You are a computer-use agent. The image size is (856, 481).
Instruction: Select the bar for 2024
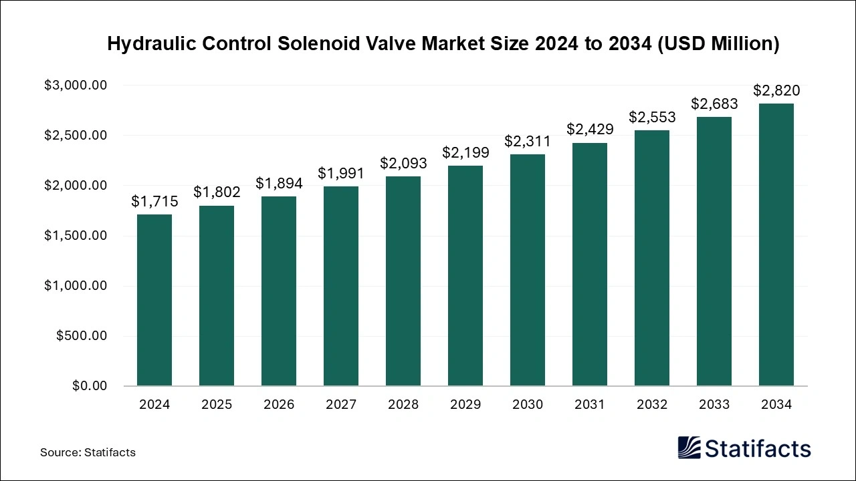tap(154, 300)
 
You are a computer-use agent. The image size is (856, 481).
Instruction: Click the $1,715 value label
tap(154, 201)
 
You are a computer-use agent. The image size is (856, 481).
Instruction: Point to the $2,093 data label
tap(403, 163)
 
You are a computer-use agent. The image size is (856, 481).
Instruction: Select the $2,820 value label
tap(776, 90)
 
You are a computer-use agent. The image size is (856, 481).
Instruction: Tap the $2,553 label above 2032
tap(652, 117)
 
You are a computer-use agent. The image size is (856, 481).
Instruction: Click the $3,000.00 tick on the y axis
tap(76, 86)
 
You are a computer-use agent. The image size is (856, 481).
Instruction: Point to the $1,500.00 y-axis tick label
tap(76, 236)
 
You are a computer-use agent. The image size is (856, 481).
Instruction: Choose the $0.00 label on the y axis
tap(89, 386)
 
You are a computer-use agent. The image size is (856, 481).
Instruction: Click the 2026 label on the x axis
tap(279, 405)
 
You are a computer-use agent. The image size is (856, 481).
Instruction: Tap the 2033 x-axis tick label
tap(714, 405)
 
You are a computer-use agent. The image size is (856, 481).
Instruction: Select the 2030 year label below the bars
tap(528, 405)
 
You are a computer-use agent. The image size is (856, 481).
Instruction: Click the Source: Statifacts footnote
tap(88, 452)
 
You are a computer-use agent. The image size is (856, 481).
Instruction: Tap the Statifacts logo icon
tap(689, 448)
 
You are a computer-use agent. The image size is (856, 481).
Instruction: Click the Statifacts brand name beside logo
tap(758, 448)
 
